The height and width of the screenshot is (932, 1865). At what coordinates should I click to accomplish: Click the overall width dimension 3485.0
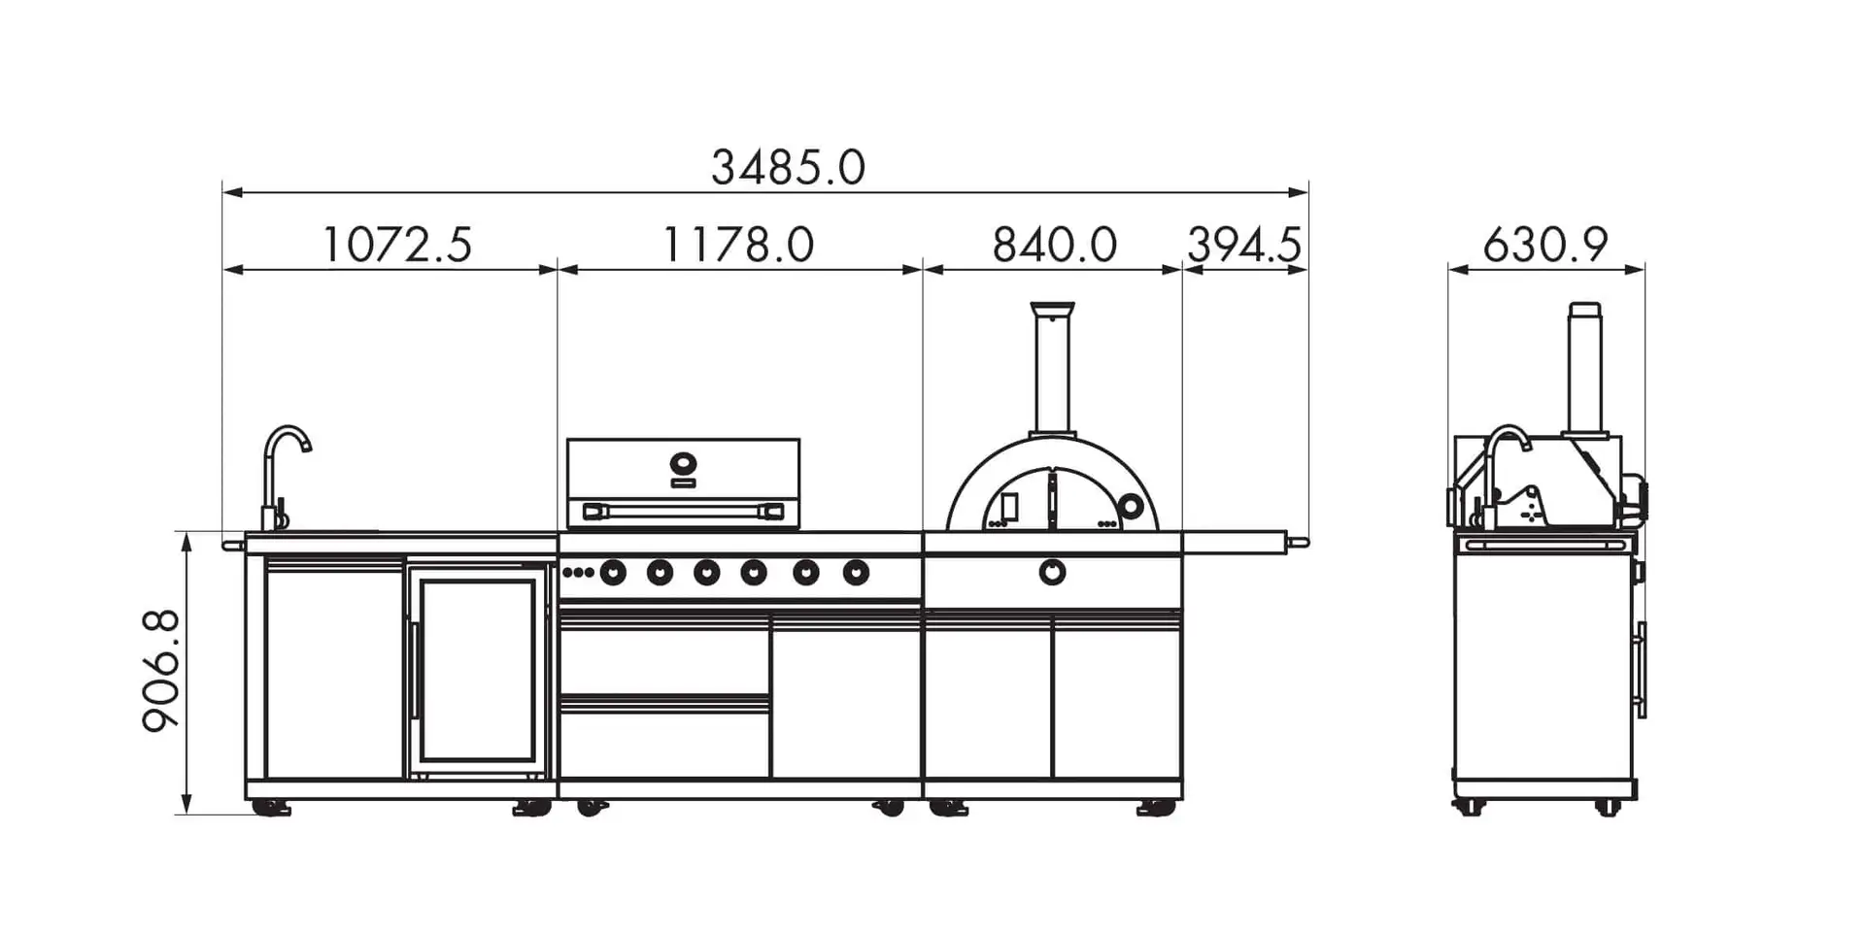point(788,167)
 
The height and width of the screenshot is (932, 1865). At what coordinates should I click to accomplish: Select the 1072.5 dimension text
point(396,244)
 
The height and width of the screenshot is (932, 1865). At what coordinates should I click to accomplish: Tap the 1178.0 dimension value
point(738,244)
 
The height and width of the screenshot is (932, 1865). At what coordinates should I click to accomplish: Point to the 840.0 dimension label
point(1054,244)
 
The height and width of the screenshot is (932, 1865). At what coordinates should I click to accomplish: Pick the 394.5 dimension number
point(1244,244)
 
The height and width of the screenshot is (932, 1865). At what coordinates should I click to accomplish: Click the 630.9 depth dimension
point(1545,244)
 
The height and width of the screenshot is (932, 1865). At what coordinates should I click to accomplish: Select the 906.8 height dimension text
point(161,671)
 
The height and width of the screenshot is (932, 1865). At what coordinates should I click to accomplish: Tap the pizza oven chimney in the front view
point(1053,369)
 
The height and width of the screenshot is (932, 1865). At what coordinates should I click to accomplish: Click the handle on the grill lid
point(683,511)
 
